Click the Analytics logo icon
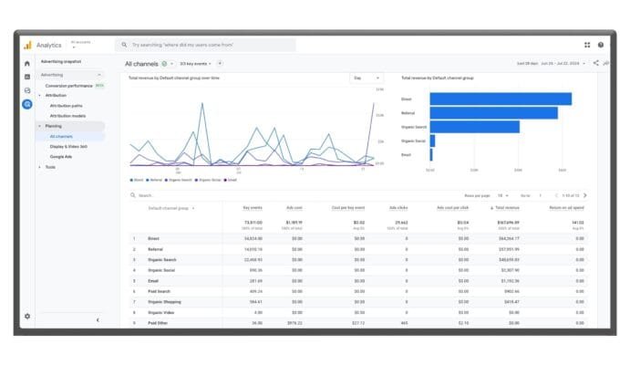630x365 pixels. coord(27,45)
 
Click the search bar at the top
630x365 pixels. coord(205,45)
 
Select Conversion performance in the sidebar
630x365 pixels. coord(69,86)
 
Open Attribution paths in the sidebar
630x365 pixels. coord(66,106)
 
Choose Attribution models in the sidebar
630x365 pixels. coord(67,116)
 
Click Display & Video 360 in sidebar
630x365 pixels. coord(68,146)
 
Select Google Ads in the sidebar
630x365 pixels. coord(61,156)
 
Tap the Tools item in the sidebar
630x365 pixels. coord(50,167)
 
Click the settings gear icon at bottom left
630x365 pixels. coord(27,316)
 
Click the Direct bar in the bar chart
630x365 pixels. coord(500,99)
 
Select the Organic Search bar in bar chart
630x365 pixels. coord(474,127)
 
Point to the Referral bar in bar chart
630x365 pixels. coord(493,113)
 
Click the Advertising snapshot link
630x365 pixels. coord(61,62)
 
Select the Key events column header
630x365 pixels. coord(253,208)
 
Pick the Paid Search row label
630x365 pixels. coord(160,290)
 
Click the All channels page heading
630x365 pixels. coord(141,64)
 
